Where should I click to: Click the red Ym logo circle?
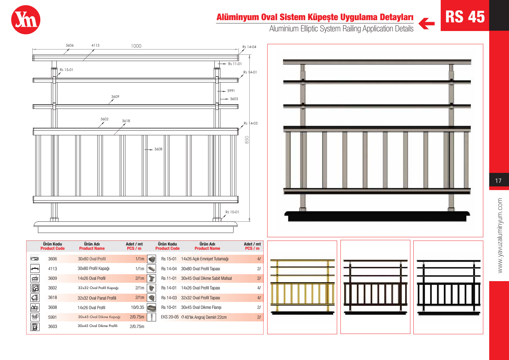pyautogui.click(x=26, y=20)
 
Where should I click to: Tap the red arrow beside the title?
pyautogui.click(x=427, y=24)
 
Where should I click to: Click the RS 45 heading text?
pyautogui.click(x=465, y=16)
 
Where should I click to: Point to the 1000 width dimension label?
pyautogui.click(x=136, y=46)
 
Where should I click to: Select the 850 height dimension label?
pyautogui.click(x=247, y=140)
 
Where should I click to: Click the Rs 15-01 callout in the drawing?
pyautogui.click(x=66, y=70)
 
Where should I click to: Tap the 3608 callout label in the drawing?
pyautogui.click(x=158, y=149)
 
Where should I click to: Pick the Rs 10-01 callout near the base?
pyautogui.click(x=232, y=212)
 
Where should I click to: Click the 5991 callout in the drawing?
pyautogui.click(x=231, y=91)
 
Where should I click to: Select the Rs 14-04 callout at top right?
pyautogui.click(x=249, y=47)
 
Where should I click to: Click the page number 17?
pyautogui.click(x=498, y=181)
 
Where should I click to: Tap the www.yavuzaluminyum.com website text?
pyautogui.click(x=500, y=236)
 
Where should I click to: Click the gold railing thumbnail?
pyautogui.click(x=302, y=286)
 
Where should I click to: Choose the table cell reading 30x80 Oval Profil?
pyautogui.click(x=92, y=259)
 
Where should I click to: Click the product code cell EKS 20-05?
pyautogui.click(x=170, y=317)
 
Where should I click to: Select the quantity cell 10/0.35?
pyautogui.click(x=138, y=308)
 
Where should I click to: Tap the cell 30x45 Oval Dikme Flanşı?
pyautogui.click(x=201, y=308)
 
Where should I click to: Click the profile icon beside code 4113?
pyautogui.click(x=35, y=269)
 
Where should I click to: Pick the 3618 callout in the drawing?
pyautogui.click(x=126, y=121)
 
